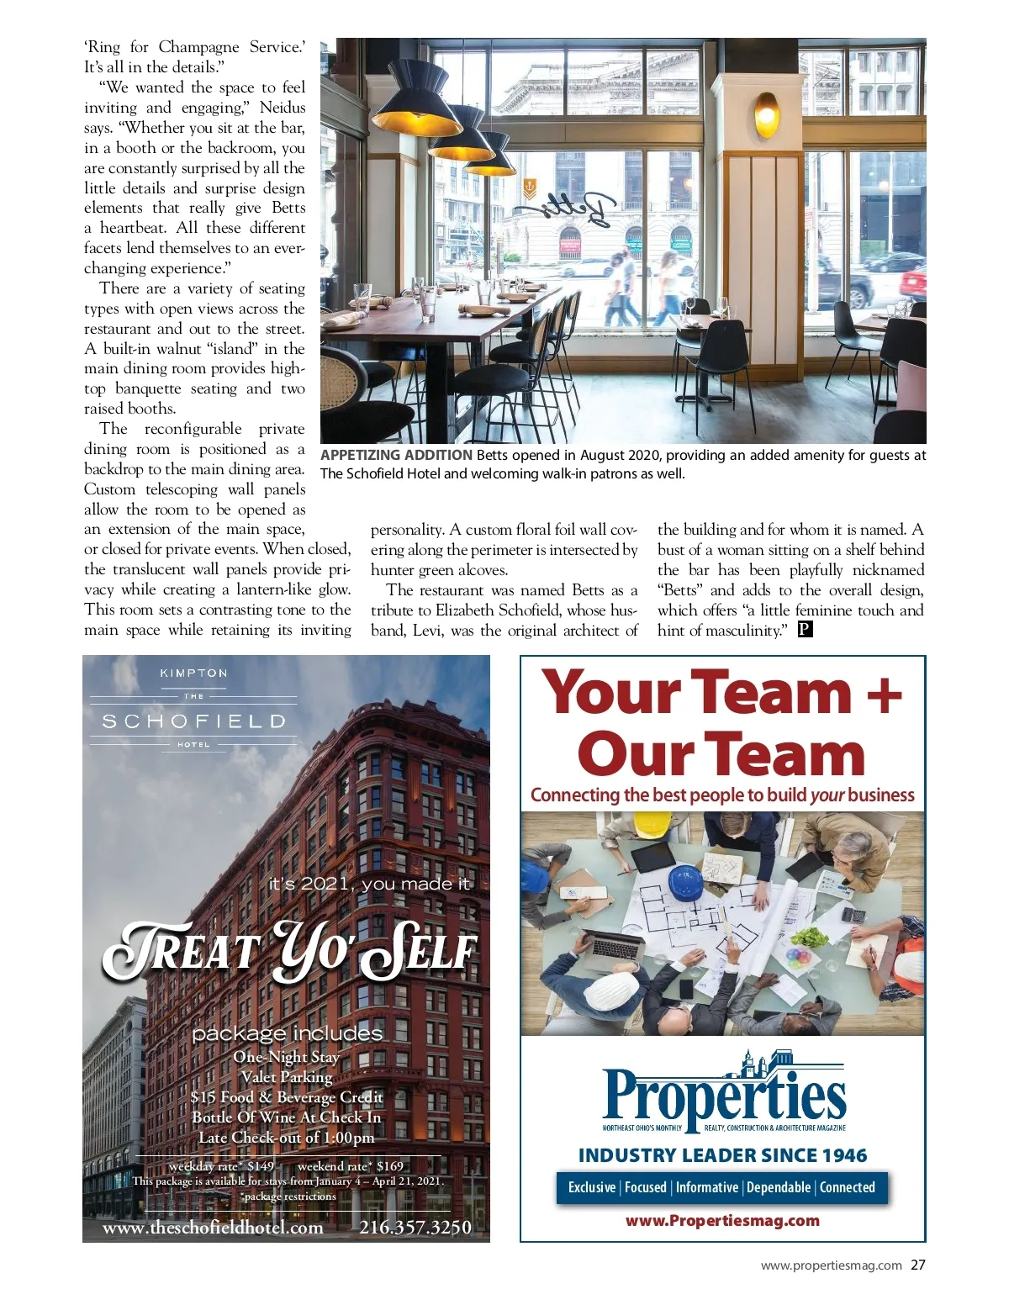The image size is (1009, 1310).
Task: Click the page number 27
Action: pyautogui.click(x=917, y=1265)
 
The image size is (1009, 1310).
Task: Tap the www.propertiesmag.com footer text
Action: pyautogui.click(x=831, y=1265)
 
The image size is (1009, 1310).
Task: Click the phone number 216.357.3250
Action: pyautogui.click(x=415, y=1228)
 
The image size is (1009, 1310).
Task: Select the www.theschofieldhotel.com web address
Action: pyautogui.click(x=213, y=1228)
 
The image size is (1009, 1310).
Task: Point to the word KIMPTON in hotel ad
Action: pyautogui.click(x=193, y=673)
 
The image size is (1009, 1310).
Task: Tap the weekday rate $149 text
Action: pyautogui.click(x=221, y=1166)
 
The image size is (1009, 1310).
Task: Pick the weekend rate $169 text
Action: pyautogui.click(x=351, y=1166)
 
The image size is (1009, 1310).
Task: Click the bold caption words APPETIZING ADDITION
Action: pyautogui.click(x=396, y=455)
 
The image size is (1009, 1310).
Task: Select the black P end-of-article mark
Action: pyautogui.click(x=805, y=630)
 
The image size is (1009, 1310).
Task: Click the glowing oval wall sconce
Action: pyautogui.click(x=766, y=114)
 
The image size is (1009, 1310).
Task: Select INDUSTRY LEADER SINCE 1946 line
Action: pyautogui.click(x=722, y=1155)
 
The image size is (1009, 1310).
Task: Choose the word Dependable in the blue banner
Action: pyautogui.click(x=779, y=1187)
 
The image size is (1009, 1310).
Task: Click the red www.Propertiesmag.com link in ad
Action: pyautogui.click(x=722, y=1221)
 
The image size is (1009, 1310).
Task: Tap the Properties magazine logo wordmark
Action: pyautogui.click(x=724, y=1093)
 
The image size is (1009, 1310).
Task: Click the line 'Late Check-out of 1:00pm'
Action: pyautogui.click(x=287, y=1138)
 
